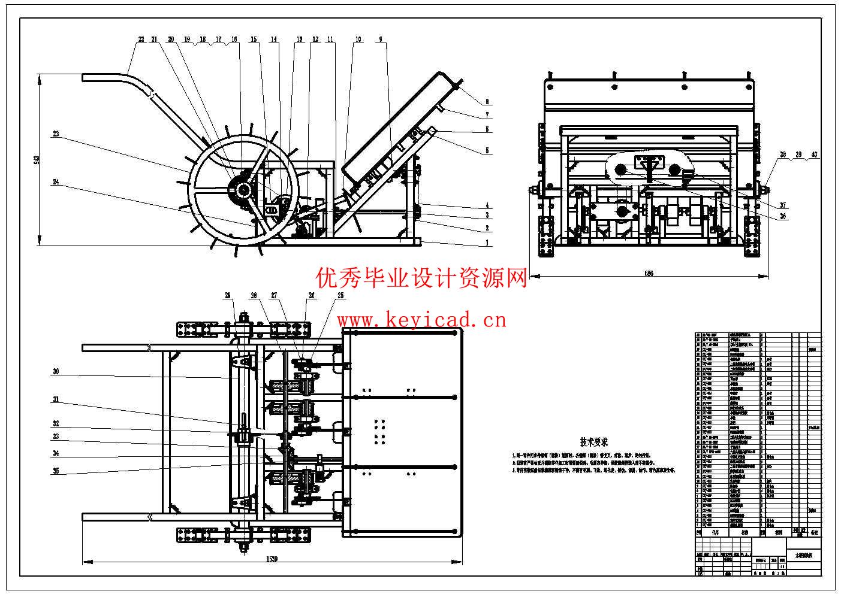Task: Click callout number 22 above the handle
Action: [141, 40]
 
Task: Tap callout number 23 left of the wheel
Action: [56, 134]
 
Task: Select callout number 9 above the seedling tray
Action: [380, 40]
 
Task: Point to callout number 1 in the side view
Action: [487, 243]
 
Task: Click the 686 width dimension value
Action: [649, 273]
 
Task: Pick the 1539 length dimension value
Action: [273, 559]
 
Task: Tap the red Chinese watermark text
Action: [422, 278]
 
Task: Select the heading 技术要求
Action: [593, 442]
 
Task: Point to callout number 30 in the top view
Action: [56, 372]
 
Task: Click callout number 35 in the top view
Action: [56, 471]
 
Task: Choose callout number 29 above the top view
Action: [228, 295]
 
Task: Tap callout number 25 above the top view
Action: [341, 295]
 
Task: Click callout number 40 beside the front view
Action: [813, 154]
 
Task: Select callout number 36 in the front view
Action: [782, 217]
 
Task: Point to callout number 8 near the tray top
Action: [487, 102]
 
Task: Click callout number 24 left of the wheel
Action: [56, 182]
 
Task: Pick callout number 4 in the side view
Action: [487, 205]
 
